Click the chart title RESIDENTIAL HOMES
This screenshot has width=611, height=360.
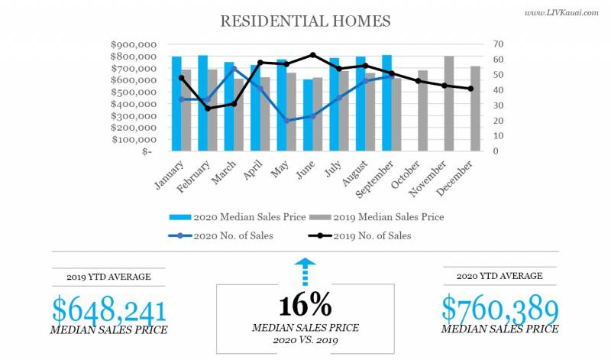click(x=305, y=21)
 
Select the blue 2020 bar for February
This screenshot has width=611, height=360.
click(x=202, y=103)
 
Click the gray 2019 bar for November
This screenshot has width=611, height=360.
click(x=449, y=103)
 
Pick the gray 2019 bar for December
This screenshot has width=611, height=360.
click(x=475, y=109)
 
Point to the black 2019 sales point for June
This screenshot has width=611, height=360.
click(x=312, y=55)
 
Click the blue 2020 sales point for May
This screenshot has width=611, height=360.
click(x=286, y=121)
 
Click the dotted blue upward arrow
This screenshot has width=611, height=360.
click(x=305, y=271)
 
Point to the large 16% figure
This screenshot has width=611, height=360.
click(x=305, y=305)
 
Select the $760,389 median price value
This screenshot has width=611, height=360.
click(x=499, y=308)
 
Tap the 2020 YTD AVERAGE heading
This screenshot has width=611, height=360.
click(x=499, y=276)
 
